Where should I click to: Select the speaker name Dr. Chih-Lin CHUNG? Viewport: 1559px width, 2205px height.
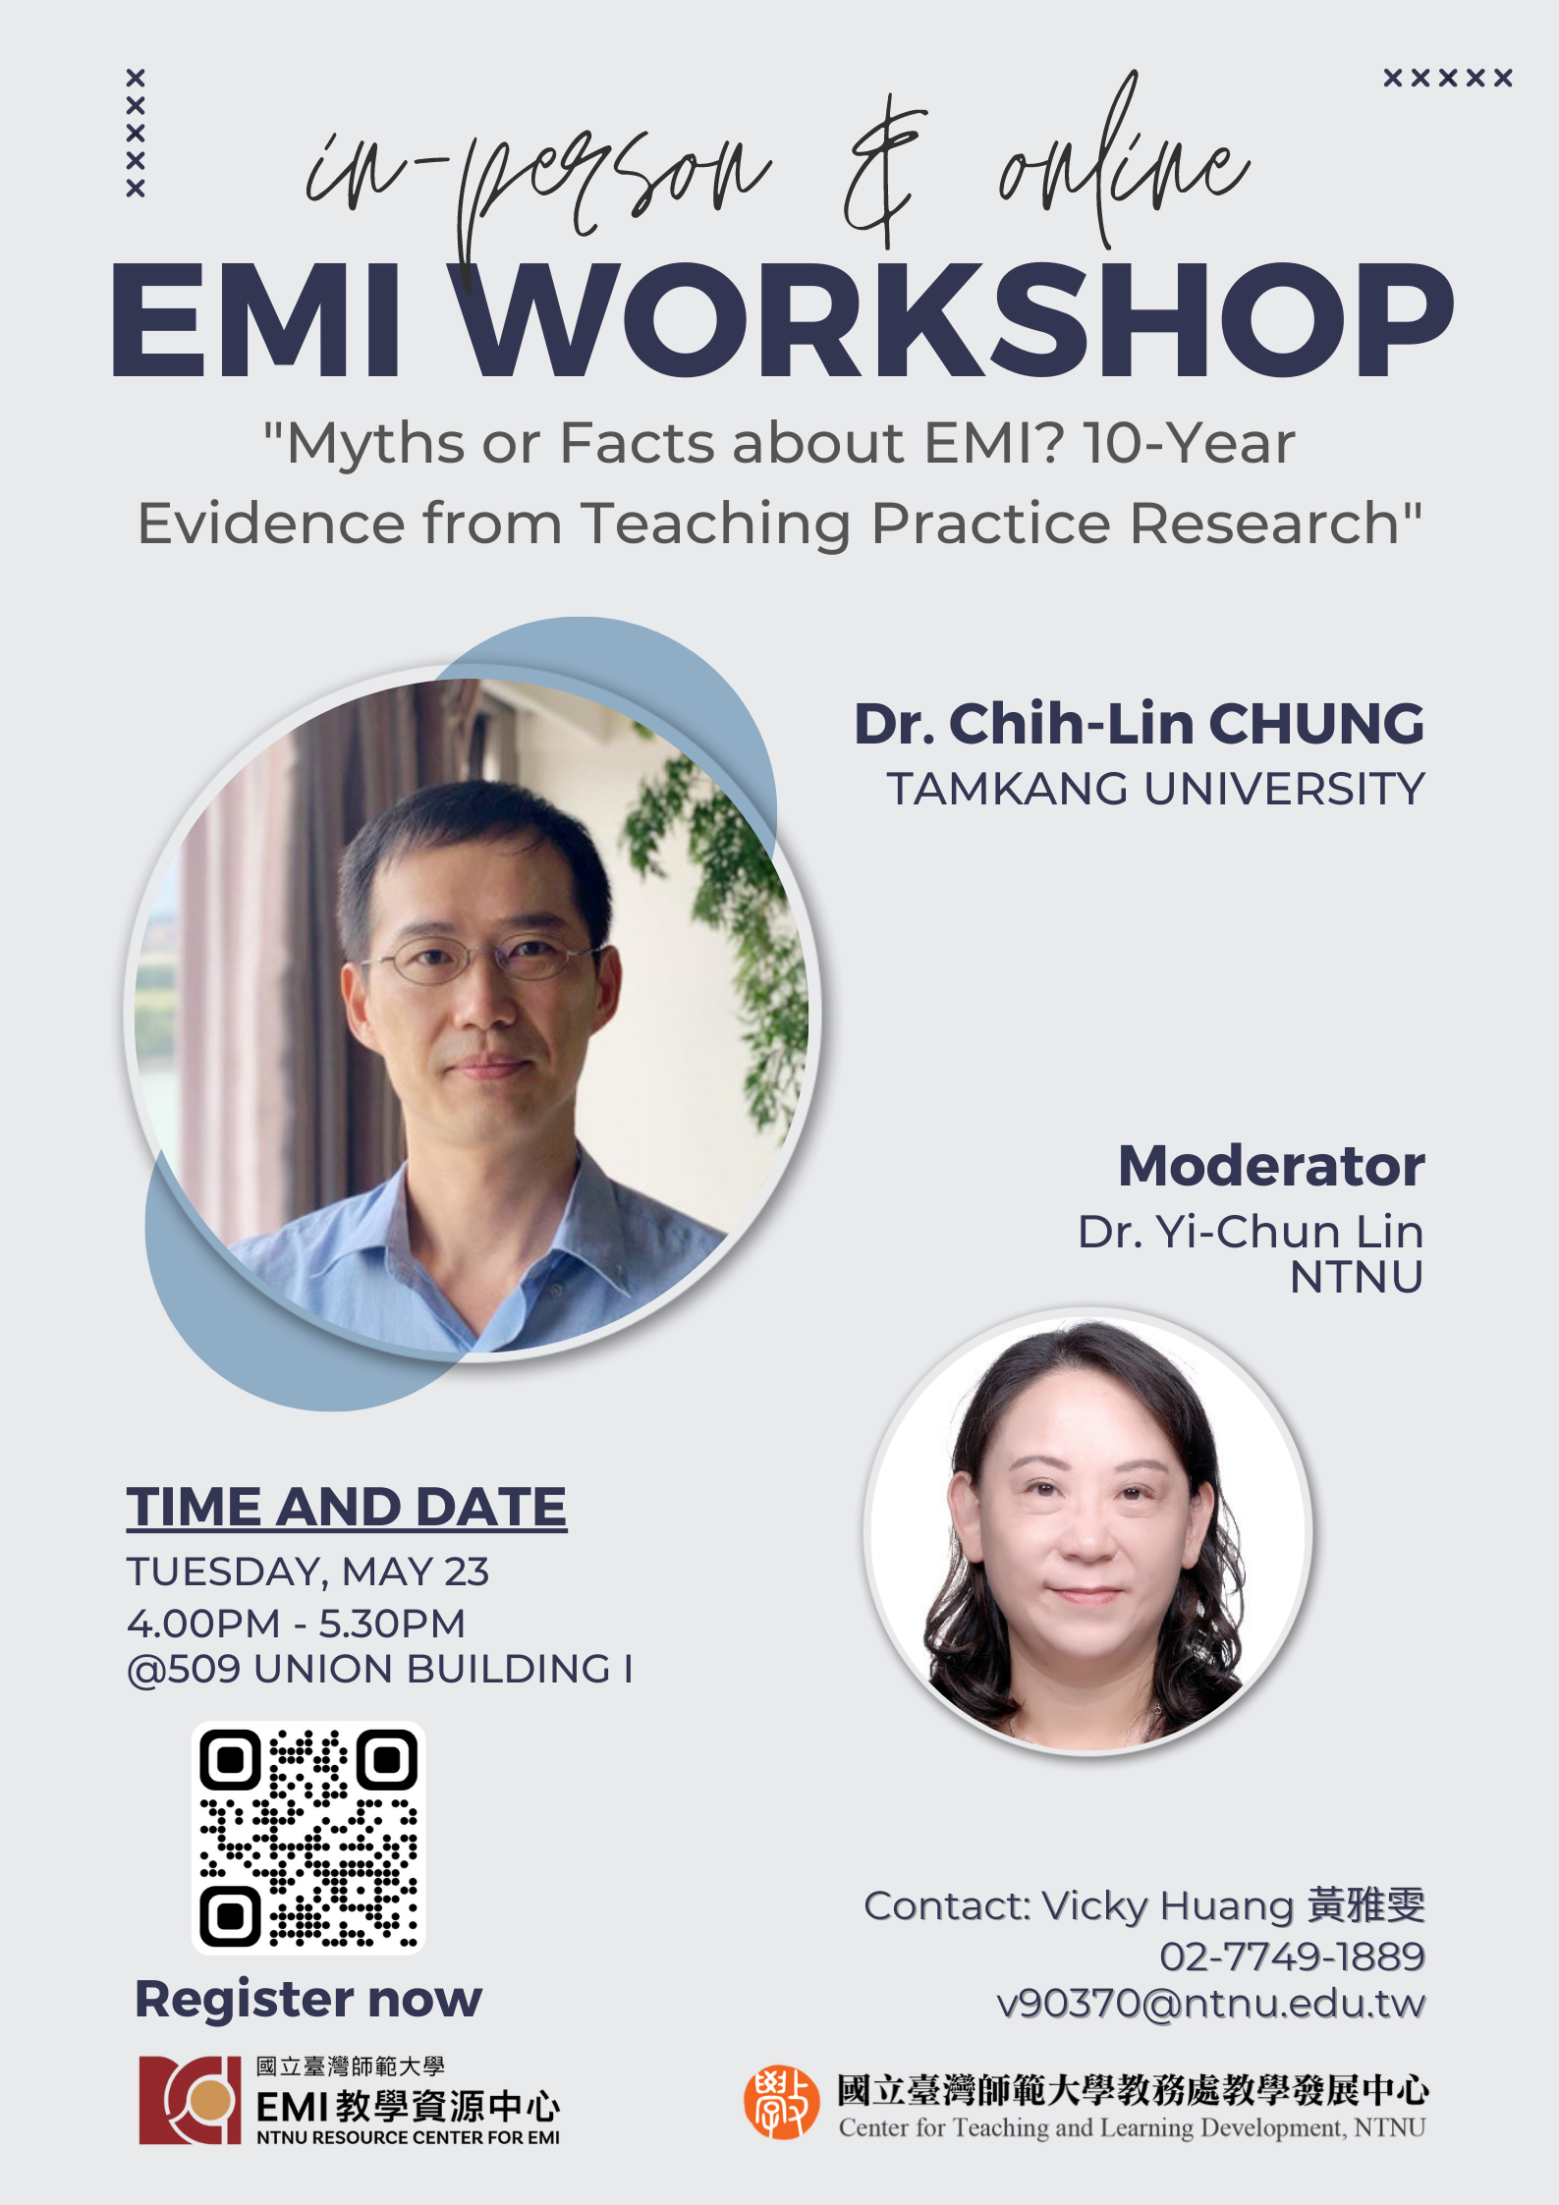1139,724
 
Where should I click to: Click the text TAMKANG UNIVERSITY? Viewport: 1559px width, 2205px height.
1155,790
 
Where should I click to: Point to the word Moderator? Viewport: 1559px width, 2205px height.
1271,1166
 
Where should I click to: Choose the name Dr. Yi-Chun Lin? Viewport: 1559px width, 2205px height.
1251,1232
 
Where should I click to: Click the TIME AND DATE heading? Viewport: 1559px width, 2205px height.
347,1508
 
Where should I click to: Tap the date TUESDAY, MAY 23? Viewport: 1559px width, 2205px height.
307,1572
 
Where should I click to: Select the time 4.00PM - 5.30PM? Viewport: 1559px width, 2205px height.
296,1624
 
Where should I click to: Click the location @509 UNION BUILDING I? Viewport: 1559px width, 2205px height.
380,1670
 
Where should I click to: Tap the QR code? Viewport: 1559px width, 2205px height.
308,1839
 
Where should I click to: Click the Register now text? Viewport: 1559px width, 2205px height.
308,2000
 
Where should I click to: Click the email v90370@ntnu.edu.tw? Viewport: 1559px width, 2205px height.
1210,2004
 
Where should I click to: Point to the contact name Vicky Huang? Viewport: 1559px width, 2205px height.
1168,1906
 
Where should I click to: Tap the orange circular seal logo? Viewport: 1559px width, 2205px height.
781,2103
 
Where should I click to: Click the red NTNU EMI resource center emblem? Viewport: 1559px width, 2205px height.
190,2100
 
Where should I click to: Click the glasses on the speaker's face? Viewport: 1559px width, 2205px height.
481,960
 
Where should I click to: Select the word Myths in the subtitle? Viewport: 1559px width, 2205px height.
374,444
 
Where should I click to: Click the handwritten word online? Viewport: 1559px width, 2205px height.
1124,162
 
